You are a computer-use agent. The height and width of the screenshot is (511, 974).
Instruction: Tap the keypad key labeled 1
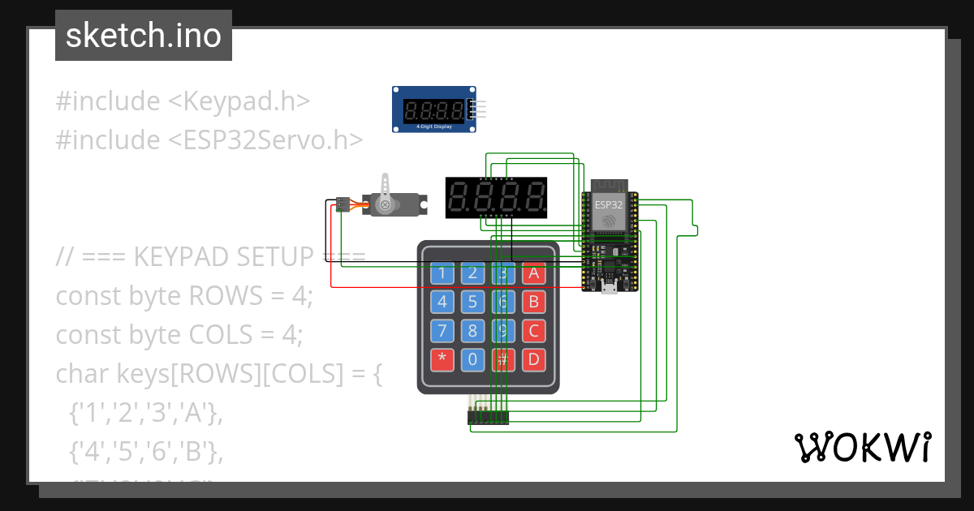tap(442, 273)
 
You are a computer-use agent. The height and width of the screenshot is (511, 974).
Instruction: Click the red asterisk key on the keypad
tap(442, 359)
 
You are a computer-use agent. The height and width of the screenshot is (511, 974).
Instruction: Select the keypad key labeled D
tap(533, 359)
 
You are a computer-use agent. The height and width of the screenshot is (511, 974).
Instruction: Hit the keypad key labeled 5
tap(472, 303)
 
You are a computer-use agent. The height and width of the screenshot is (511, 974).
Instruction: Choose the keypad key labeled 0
tap(472, 359)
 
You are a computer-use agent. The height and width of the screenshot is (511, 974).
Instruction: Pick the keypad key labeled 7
tap(442, 331)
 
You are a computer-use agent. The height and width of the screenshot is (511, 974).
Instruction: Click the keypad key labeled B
tap(533, 303)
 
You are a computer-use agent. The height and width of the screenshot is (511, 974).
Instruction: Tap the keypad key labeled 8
tap(472, 331)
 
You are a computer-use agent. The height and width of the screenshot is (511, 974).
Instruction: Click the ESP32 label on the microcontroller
tap(608, 204)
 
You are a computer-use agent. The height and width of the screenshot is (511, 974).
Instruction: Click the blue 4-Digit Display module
tap(434, 109)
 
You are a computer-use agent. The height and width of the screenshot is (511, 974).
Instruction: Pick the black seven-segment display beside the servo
tap(496, 197)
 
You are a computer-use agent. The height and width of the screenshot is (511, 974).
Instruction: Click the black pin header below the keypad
tap(488, 417)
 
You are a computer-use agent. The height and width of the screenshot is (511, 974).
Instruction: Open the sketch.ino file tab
tap(144, 36)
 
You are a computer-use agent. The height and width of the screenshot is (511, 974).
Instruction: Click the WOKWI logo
tap(862, 447)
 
